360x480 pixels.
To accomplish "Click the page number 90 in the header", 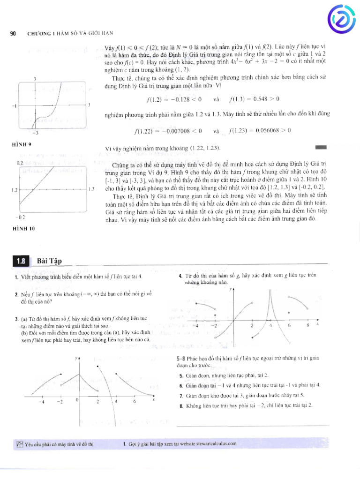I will click(13, 33).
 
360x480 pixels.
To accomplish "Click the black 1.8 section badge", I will click(22, 261).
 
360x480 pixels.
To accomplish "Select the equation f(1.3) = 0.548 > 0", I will click(255, 99).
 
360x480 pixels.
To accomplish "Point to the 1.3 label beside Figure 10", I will click(91, 189).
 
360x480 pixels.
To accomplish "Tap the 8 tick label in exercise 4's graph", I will click(307, 325).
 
